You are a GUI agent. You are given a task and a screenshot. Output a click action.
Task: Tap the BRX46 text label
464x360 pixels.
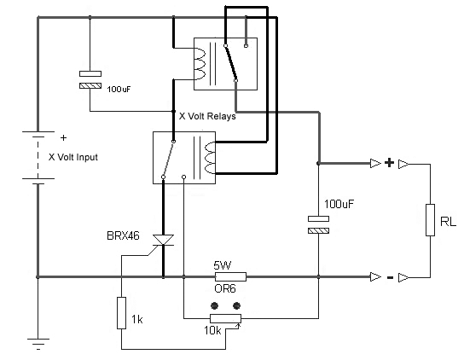pos(123,236)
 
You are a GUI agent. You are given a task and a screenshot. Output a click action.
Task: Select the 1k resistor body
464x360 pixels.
pos(121,313)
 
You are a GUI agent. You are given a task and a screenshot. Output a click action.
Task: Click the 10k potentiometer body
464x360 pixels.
pos(225,318)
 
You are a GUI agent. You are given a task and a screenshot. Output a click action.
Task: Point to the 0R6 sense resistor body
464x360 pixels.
pos(230,276)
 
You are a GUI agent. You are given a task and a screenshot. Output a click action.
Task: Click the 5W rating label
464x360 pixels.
pos(223,265)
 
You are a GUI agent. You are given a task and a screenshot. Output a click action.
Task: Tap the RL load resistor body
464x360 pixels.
pos(430,220)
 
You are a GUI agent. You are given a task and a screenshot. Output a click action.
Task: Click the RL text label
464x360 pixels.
pos(448,222)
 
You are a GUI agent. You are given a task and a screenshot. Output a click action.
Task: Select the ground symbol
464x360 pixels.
pos(38,344)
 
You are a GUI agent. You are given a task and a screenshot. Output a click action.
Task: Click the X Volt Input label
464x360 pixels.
pos(73,157)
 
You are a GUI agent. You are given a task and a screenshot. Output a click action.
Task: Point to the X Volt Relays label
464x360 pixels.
pos(207,116)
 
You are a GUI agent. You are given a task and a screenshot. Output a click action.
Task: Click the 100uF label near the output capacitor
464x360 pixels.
pos(339,204)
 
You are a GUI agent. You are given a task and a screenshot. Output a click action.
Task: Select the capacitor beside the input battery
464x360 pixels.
pos(90,79)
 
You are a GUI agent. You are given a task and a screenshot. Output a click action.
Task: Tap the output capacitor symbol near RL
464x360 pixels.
pos(318,224)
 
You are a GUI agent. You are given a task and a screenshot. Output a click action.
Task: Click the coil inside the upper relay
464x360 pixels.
pos(199,63)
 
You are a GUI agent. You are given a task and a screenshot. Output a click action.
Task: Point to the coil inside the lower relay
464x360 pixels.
pos(210,158)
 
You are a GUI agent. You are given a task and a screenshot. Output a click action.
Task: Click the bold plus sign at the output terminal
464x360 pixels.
pos(390,163)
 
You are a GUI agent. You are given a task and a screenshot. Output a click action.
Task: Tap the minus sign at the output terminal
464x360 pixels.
pos(390,277)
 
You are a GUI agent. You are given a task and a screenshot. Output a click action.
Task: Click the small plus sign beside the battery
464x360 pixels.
pos(63,137)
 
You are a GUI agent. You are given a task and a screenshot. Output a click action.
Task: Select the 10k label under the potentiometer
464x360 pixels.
pos(212,330)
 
